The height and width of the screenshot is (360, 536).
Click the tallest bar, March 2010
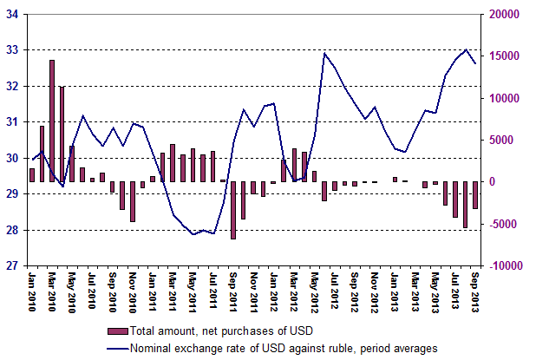[x=52, y=121]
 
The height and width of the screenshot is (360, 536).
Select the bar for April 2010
[x=62, y=134]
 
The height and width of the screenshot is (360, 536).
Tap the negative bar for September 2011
[x=234, y=210]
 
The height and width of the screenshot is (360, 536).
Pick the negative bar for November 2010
[x=133, y=201]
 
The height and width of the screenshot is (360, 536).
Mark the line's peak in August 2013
[x=467, y=49]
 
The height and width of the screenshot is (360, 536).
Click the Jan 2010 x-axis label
[x=32, y=291]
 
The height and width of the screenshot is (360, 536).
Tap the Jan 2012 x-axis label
[x=273, y=291]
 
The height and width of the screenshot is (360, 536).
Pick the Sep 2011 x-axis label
[x=234, y=291]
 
